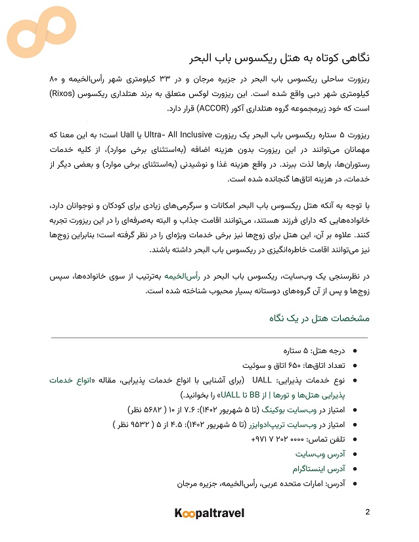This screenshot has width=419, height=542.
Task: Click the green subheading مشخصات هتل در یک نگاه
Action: tap(319, 319)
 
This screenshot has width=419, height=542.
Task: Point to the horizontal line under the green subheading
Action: tap(209, 337)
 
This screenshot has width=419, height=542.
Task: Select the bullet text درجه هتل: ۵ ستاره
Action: tap(313, 352)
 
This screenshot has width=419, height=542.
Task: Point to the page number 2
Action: tap(368, 512)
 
